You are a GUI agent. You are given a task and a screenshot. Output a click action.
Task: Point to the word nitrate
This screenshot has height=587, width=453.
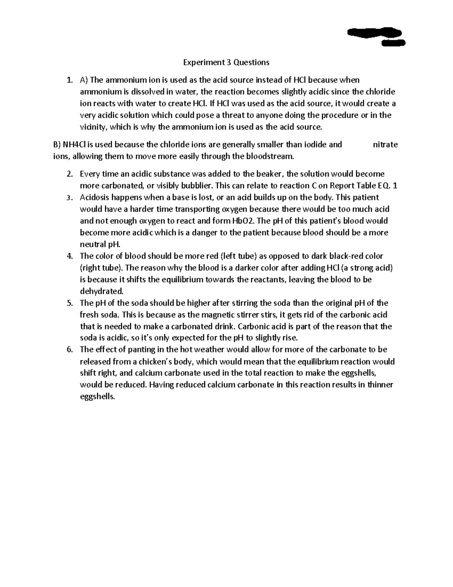coord(385,144)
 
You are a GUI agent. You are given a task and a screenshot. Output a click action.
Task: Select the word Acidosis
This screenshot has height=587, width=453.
coord(95,197)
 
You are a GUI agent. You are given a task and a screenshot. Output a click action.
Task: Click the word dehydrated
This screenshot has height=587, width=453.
coord(101,291)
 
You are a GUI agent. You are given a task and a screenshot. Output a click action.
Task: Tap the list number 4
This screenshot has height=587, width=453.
coord(69,256)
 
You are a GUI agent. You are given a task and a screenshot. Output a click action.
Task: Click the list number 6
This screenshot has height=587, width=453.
coord(69,350)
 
